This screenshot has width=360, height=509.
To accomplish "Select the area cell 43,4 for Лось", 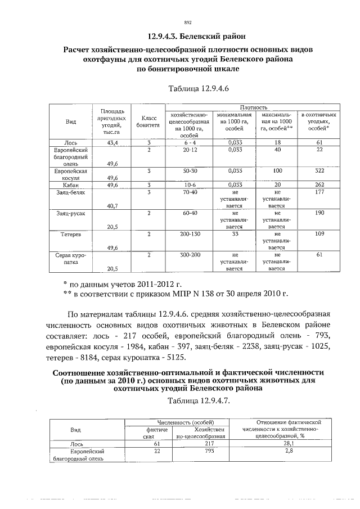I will [x=111, y=143].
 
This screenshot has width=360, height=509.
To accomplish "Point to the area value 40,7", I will [x=111, y=206].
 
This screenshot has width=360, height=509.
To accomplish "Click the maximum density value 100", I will [x=277, y=170].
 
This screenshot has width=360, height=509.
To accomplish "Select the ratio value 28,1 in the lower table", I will [x=287, y=444].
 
